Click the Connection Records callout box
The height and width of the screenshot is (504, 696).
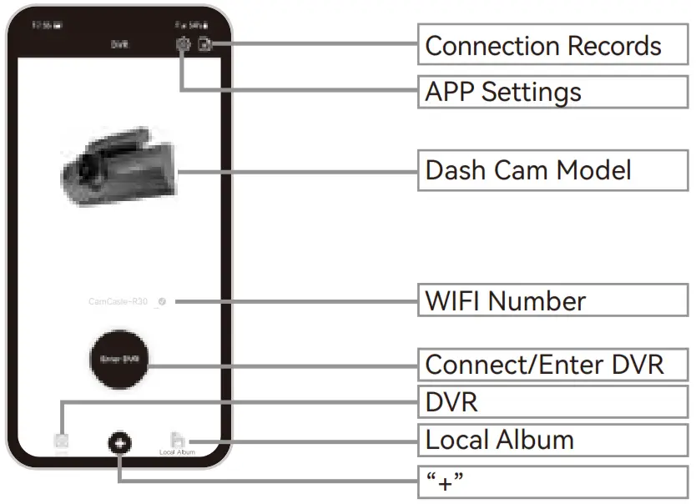(x=552, y=45)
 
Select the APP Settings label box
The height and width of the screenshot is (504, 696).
(x=552, y=91)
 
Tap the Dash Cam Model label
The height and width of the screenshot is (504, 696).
(x=552, y=170)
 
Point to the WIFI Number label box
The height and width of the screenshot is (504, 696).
(x=552, y=300)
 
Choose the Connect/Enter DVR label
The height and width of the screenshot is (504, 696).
(x=552, y=365)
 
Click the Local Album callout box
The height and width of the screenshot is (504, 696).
(x=552, y=440)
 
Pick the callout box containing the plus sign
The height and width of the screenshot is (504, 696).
(x=552, y=481)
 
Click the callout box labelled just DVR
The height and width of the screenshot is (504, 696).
(x=552, y=402)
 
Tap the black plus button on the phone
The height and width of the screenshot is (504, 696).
(x=119, y=443)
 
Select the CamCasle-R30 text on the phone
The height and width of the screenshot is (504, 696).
(x=118, y=301)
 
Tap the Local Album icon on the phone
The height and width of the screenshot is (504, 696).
(x=177, y=441)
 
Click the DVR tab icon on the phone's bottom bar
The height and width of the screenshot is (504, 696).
(x=62, y=441)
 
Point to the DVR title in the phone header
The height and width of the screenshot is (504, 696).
(x=119, y=45)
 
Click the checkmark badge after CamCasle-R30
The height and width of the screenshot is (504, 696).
(x=159, y=301)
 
